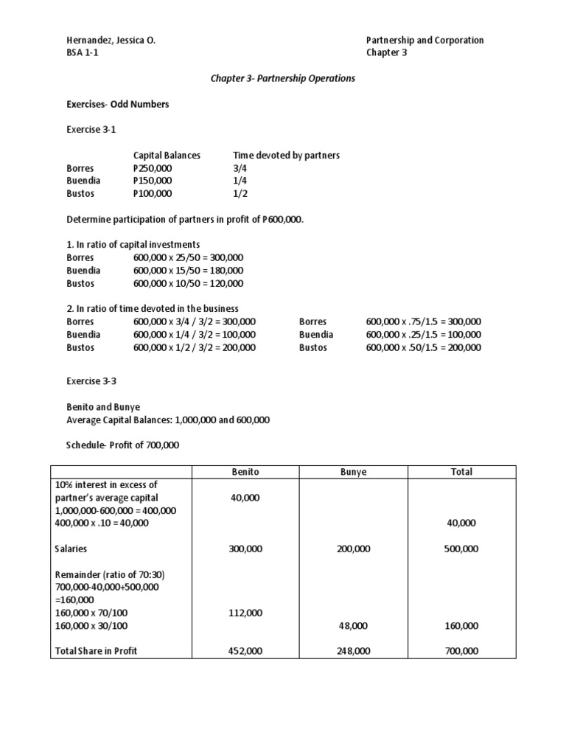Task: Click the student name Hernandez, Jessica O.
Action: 111,40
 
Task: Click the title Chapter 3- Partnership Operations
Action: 283,78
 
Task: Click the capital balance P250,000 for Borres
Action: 153,168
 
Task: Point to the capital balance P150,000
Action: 153,181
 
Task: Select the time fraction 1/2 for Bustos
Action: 240,193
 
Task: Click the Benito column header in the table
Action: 245,471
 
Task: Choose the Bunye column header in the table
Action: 353,471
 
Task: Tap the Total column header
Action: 461,471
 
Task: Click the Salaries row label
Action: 73,549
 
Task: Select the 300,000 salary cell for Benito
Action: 245,549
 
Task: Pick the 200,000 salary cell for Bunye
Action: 353,549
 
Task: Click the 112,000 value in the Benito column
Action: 245,613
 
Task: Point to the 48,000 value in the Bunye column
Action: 353,625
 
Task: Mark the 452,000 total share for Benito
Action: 245,651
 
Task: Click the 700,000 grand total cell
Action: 461,651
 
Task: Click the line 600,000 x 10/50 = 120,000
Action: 188,283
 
